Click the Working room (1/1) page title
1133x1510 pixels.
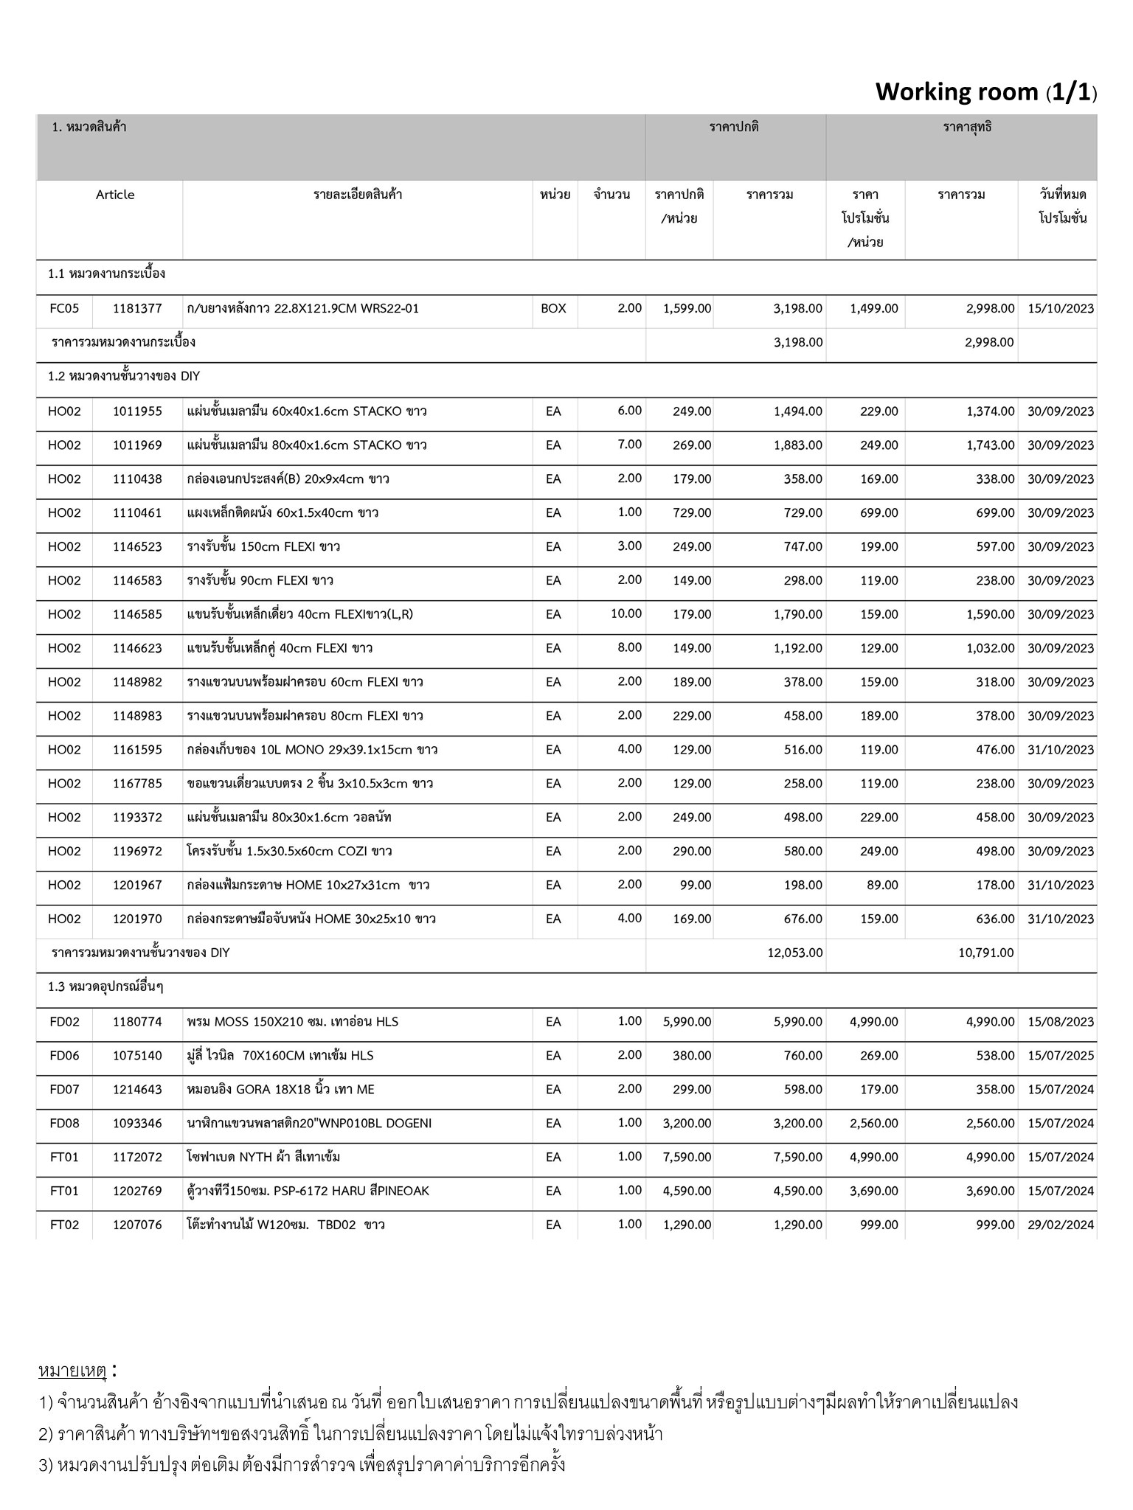click(985, 92)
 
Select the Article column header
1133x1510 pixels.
click(115, 195)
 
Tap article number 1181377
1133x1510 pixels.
click(137, 308)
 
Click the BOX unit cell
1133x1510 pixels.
click(553, 308)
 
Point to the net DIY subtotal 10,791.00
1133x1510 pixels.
click(986, 953)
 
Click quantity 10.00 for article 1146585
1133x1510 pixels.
click(626, 613)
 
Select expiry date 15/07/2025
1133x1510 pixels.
click(1061, 1056)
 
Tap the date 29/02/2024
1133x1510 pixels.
click(1061, 1225)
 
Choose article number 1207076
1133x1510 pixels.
click(137, 1225)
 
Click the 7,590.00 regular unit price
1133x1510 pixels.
click(687, 1157)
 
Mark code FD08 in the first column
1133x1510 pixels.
click(64, 1123)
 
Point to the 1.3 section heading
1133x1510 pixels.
click(105, 987)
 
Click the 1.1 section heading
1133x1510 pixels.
click(106, 274)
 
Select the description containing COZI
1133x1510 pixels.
click(289, 851)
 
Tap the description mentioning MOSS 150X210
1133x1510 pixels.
click(293, 1022)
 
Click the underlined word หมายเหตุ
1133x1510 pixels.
click(72, 1371)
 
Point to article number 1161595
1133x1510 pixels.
click(137, 750)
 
